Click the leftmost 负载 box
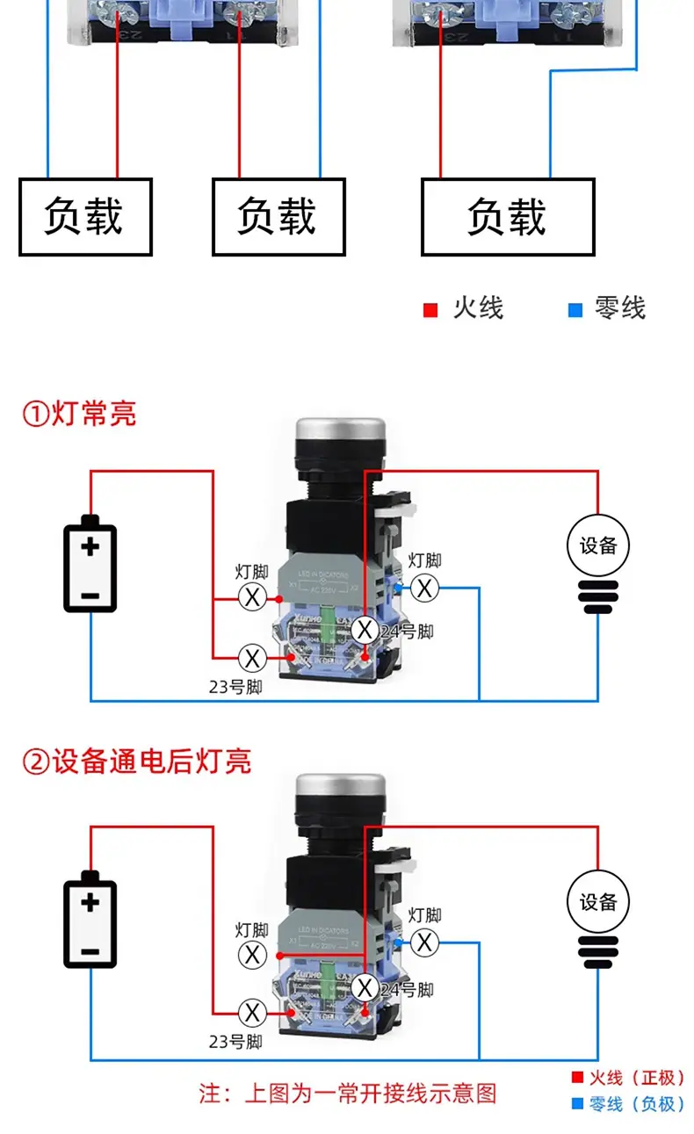point(85,217)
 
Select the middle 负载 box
point(278,217)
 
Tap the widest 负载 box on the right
point(508,217)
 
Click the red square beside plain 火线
point(430,310)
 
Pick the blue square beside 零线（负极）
point(577,1104)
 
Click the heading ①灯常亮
point(79,413)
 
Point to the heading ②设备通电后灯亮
point(136,761)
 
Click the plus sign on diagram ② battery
point(90,902)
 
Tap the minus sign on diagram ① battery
point(90,596)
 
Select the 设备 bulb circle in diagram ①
point(598,545)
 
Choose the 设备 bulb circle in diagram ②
point(598,902)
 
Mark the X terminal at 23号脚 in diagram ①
point(252,657)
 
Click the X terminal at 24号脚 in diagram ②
point(365,988)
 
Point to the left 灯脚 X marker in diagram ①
point(252,598)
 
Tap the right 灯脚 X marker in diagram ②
point(425,943)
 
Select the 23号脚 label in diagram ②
point(235,1043)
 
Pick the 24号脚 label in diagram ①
point(407,632)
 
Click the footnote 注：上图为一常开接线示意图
point(348,1094)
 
